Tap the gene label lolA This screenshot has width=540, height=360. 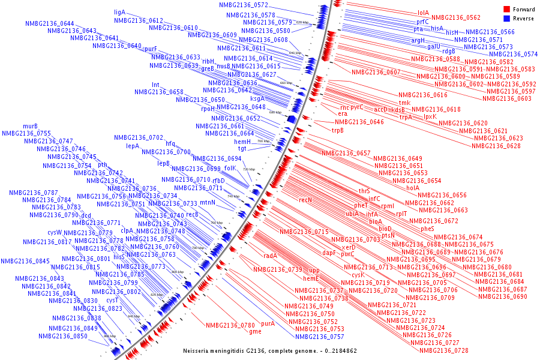[423, 13]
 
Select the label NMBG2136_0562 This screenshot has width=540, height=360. [456, 18]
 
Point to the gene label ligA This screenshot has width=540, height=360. [119, 12]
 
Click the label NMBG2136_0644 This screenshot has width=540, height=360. [50, 23]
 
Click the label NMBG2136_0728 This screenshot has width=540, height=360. [443, 350]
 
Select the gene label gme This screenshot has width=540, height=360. [256, 332]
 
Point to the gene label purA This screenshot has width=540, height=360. [268, 324]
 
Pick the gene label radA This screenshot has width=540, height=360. [270, 256]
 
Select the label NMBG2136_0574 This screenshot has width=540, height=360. [513, 54]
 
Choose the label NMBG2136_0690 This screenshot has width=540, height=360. [503, 296]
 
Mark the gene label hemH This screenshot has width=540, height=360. [242, 142]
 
